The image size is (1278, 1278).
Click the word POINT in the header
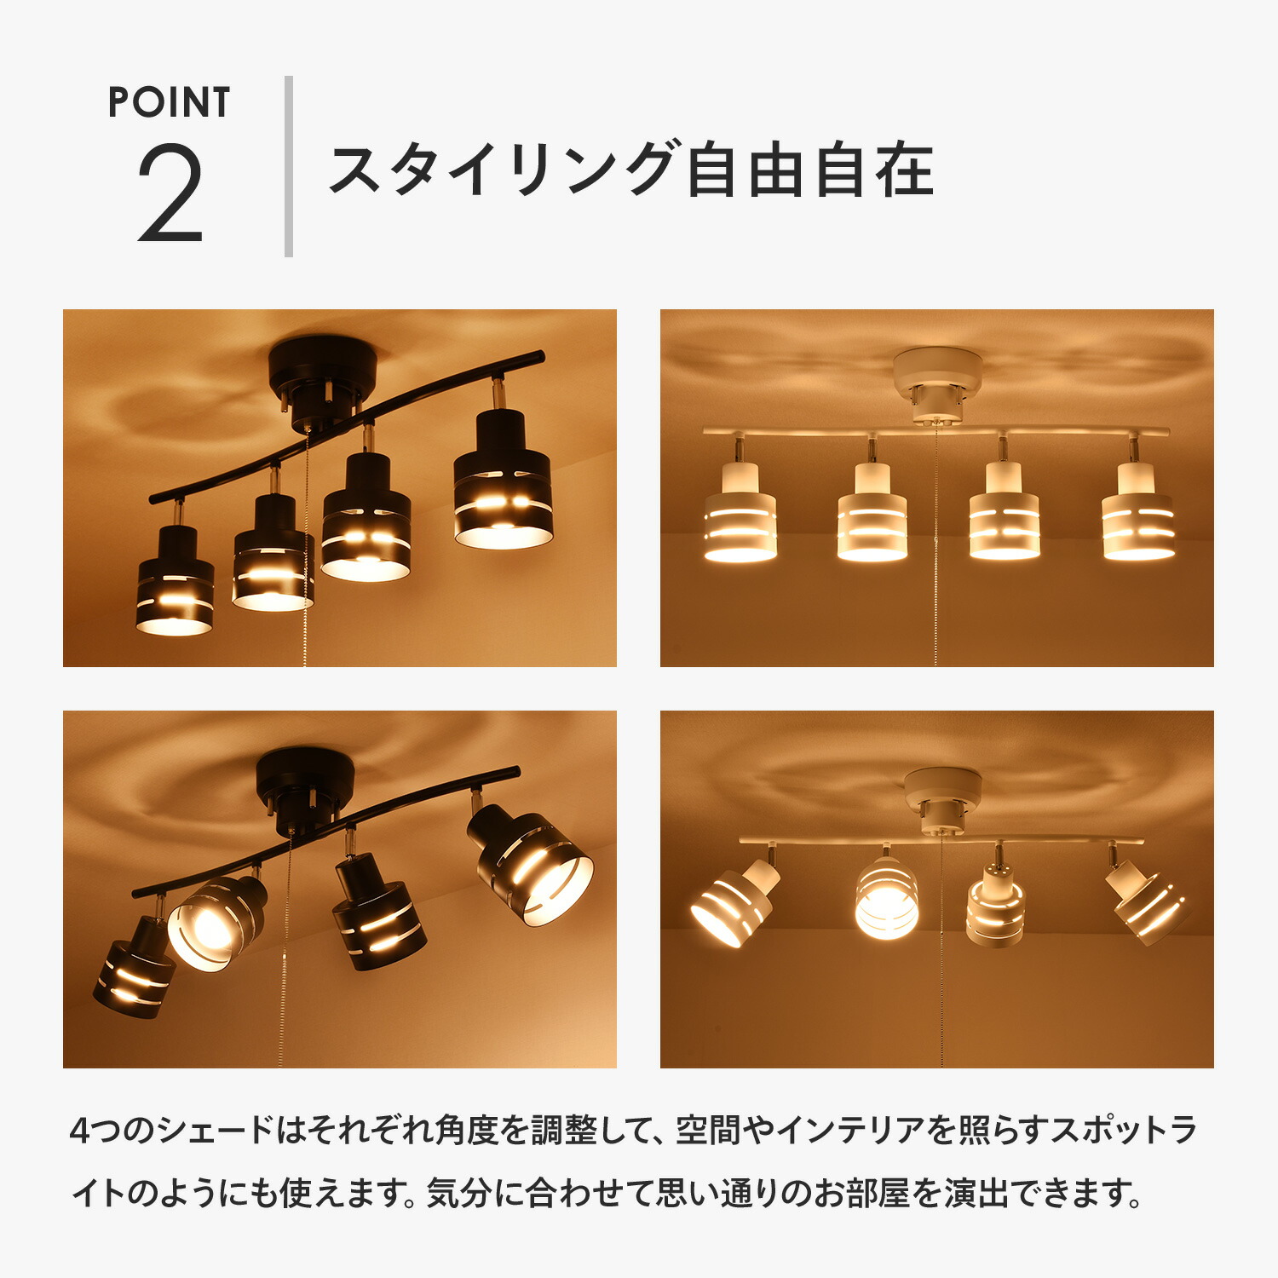(x=169, y=103)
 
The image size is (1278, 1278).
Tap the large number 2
(x=170, y=193)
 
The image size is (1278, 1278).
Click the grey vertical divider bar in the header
(x=289, y=167)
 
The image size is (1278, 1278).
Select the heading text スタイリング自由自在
(x=631, y=170)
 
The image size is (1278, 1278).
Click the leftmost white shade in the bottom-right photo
(x=733, y=903)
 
